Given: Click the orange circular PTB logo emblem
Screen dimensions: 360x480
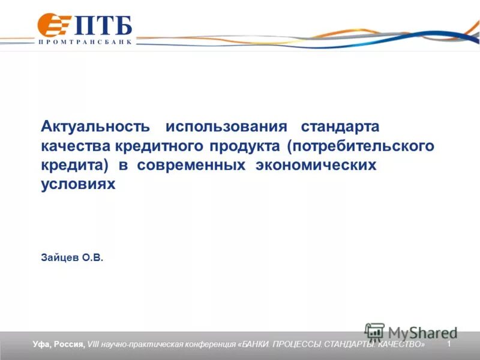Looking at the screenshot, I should [52, 25].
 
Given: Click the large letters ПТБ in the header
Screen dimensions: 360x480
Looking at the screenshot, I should [103, 26].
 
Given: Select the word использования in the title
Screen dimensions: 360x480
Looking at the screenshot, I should [226, 127].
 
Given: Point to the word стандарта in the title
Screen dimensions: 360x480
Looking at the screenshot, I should [340, 127].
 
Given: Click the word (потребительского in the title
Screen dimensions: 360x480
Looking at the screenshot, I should [360, 146].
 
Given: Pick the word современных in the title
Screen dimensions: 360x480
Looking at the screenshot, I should [191, 166].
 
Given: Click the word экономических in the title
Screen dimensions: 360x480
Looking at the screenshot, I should [316, 166].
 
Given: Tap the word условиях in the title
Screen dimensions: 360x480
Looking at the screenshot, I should [77, 185].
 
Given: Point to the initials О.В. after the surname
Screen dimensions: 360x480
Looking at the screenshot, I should [94, 257].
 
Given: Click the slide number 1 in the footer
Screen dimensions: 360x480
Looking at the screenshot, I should [449, 343].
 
